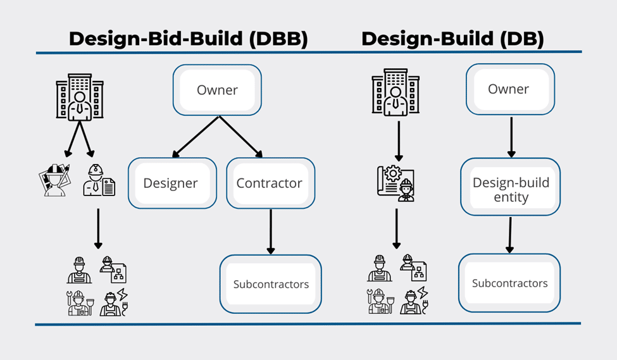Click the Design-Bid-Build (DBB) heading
188,39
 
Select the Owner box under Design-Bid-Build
217,90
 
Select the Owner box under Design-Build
509,89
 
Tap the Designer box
171,183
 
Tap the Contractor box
270,183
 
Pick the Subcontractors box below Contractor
271,284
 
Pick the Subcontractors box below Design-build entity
509,283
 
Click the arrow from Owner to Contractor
240,137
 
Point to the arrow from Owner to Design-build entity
511,136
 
